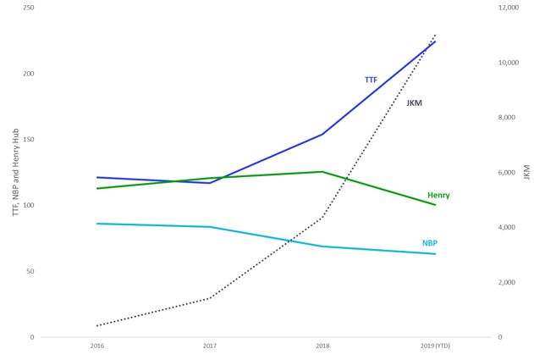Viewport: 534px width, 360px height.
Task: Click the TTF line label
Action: pyautogui.click(x=371, y=80)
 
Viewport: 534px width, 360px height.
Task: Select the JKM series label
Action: pyautogui.click(x=415, y=103)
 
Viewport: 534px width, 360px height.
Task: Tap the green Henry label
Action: pyautogui.click(x=438, y=196)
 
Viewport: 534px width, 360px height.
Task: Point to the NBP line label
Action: pyautogui.click(x=430, y=243)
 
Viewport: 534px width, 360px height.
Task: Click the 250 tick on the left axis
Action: pyautogui.click(x=29, y=8)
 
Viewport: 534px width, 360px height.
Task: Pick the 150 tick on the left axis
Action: pyautogui.click(x=29, y=140)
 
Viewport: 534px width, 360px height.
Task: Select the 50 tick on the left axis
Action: pyautogui.click(x=30, y=271)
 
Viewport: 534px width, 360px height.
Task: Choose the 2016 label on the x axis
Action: pyautogui.click(x=97, y=346)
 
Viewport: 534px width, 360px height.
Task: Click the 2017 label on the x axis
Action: pyautogui.click(x=210, y=346)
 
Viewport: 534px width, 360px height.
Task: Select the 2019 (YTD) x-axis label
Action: pyautogui.click(x=435, y=346)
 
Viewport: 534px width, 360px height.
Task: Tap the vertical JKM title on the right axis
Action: pyautogui.click(x=526, y=172)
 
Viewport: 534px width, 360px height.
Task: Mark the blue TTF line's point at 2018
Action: pyautogui.click(x=322, y=134)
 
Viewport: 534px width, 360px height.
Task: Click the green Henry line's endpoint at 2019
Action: pyautogui.click(x=435, y=205)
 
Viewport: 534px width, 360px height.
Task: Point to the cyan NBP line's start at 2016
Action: pyautogui.click(x=97, y=224)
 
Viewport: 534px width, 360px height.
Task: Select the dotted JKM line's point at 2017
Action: pyautogui.click(x=210, y=298)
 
